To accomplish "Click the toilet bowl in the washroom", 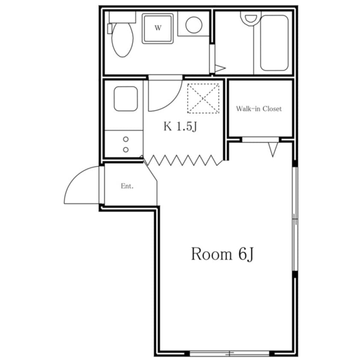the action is [122, 40].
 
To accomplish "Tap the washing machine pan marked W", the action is [158, 28].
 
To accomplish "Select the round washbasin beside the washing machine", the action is [194, 25].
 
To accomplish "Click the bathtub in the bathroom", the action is [274, 43].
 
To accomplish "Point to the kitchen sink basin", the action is [126, 99].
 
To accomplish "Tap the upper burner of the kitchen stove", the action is [126, 139].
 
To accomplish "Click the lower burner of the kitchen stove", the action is [126, 150].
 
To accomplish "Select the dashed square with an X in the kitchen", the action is [203, 98].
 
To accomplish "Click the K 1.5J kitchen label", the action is [180, 126].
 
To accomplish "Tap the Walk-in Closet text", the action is [259, 109].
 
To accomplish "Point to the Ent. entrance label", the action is [127, 186].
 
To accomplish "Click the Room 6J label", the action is [223, 254].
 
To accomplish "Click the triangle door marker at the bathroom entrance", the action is [220, 68].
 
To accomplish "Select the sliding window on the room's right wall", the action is [295, 219].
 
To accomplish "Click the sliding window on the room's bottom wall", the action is [229, 353].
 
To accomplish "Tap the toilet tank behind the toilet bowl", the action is [122, 17].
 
